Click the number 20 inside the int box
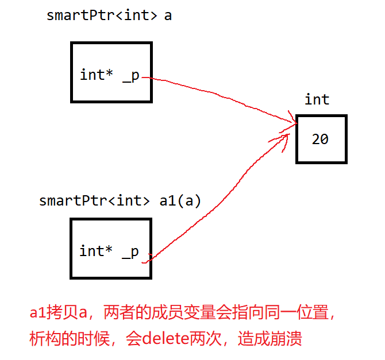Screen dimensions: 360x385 320,139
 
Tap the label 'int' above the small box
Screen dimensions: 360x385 317,100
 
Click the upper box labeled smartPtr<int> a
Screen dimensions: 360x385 111,72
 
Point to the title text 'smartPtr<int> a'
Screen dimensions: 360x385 109,16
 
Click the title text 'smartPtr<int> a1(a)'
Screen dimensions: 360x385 120,201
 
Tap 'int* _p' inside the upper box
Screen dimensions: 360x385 110,75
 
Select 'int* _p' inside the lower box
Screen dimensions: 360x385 109,251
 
